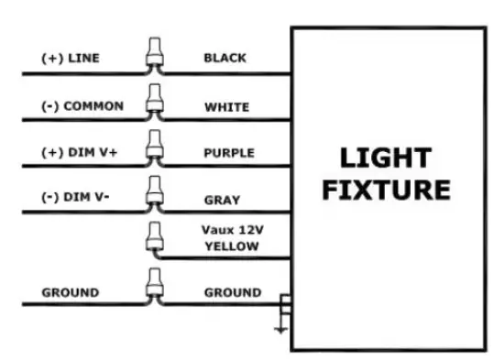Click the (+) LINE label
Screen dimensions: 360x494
(71, 58)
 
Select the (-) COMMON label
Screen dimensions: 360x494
(82, 105)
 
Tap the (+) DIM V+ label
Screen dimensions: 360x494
(79, 152)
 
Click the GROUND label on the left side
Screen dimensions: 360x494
(70, 293)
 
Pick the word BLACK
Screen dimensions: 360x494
(225, 58)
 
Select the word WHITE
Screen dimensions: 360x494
(225, 106)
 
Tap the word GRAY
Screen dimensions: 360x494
(221, 200)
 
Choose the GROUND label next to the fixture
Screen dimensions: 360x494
(232, 293)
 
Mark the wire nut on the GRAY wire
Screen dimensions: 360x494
(154, 192)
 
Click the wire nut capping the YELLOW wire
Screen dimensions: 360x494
(154, 239)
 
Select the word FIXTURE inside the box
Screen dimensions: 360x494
(387, 191)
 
